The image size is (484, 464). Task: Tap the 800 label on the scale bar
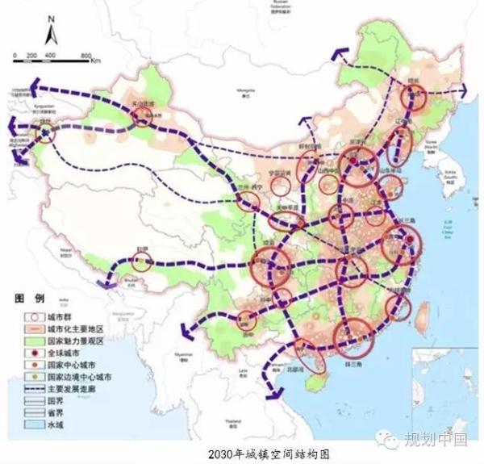pyautogui.click(x=86, y=54)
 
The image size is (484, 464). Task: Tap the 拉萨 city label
pyautogui.click(x=142, y=251)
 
